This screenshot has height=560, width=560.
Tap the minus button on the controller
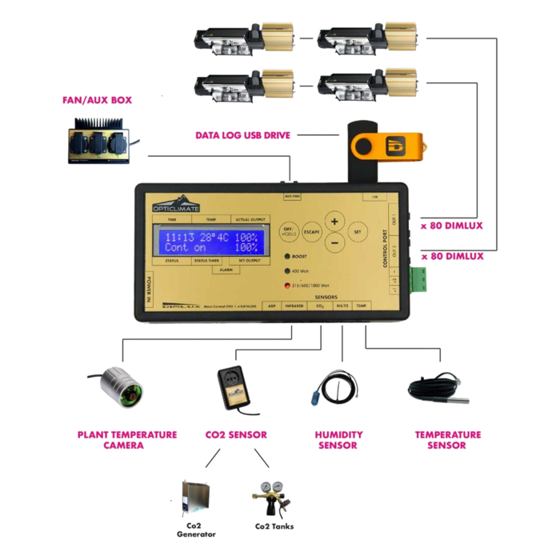tap(334, 242)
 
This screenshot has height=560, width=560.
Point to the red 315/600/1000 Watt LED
tap(286, 286)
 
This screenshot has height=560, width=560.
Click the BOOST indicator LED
tap(286, 256)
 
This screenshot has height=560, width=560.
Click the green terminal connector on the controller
tap(420, 277)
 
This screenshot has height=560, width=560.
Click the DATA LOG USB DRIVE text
tap(243, 135)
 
